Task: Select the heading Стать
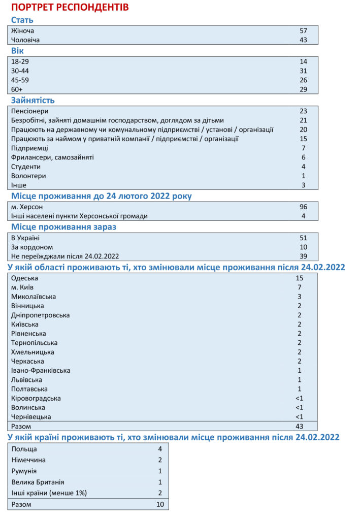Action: [22, 20]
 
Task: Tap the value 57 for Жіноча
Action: [303, 30]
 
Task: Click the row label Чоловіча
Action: [25, 40]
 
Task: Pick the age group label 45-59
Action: [20, 80]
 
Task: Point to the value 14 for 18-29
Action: [303, 61]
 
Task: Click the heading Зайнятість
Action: [33, 100]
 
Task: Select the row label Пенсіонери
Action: [30, 111]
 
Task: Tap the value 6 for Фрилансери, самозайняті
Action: [303, 157]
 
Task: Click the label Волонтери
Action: [28, 176]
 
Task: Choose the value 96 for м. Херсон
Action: [303, 207]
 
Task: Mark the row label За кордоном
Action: [32, 247]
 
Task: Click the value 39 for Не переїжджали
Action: [303, 256]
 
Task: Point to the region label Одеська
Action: [24, 278]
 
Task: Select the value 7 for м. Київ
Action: [299, 287]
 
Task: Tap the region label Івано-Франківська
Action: [41, 371]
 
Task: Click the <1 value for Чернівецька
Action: [299, 417]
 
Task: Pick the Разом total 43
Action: [299, 427]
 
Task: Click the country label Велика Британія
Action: [38, 482]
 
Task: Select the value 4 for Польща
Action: [159, 449]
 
